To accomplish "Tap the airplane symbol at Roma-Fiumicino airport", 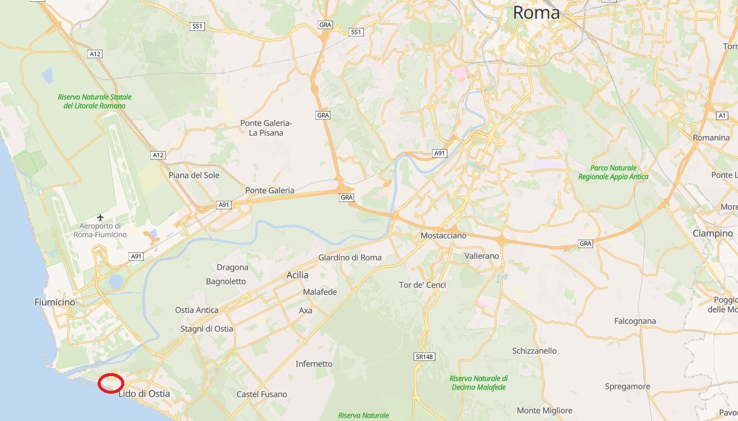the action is (101, 217).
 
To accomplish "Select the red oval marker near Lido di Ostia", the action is (112, 383).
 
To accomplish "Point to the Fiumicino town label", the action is (55, 302).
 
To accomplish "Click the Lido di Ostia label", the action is (144, 394).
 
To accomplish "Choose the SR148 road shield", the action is (424, 357).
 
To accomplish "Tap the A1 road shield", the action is (722, 115).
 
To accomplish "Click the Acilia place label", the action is (297, 275).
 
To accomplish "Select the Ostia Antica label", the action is (196, 310).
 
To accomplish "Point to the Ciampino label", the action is (713, 234).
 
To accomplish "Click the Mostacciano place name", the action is (444, 235).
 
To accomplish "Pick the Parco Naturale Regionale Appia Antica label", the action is (613, 172).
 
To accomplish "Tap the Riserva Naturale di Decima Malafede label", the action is (479, 383).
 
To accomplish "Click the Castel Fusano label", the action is (261, 394).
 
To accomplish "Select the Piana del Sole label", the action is (194, 175).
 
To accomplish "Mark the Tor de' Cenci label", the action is (423, 285).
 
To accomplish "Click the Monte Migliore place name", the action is (545, 411).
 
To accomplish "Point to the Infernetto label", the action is (314, 364).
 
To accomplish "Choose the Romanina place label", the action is (711, 138).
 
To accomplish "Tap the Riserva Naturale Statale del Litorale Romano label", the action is (95, 101).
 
